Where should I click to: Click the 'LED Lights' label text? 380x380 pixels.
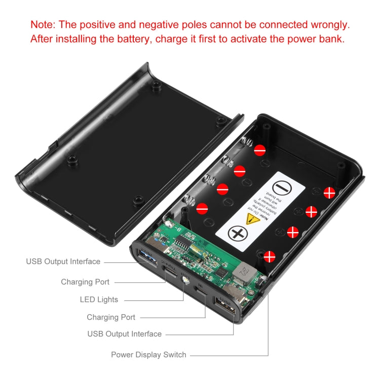click(x=99, y=299)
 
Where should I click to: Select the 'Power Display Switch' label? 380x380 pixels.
click(x=148, y=355)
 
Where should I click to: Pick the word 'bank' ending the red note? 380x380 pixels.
click(x=332, y=39)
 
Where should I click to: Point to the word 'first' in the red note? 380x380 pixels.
click(x=208, y=39)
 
